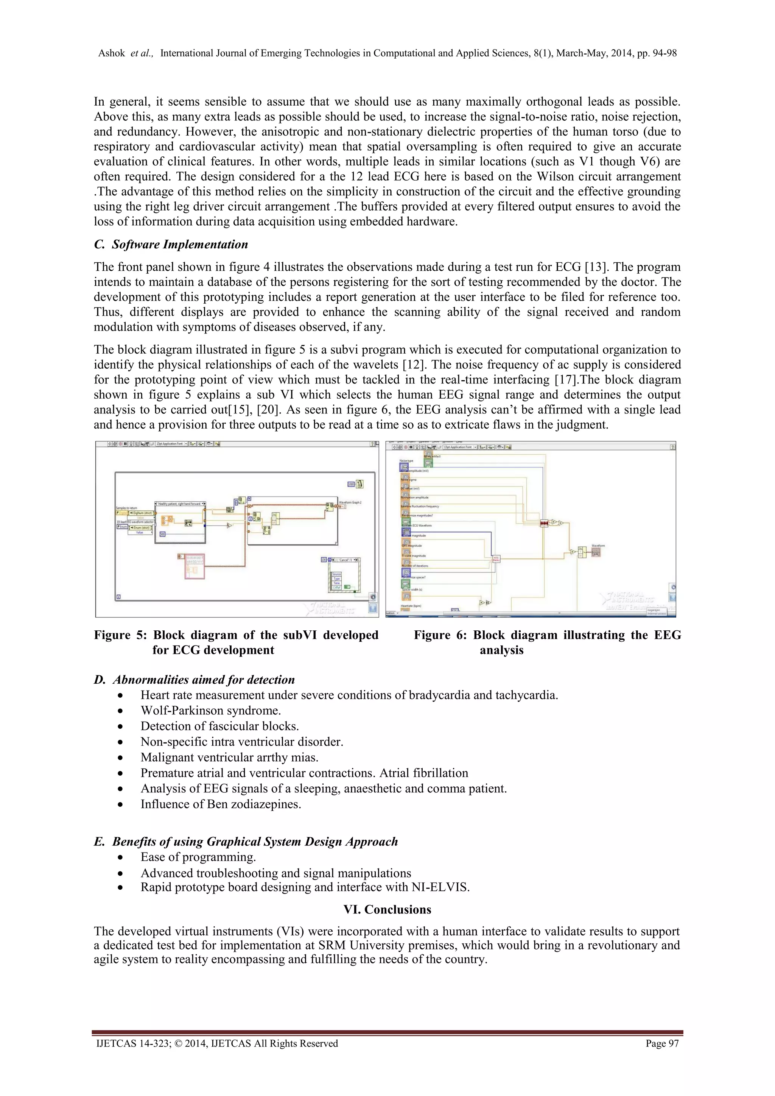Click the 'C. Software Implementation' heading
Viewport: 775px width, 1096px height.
(x=171, y=245)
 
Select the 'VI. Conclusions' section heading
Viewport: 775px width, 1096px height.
(x=387, y=909)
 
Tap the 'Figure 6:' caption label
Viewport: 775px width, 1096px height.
(x=439, y=635)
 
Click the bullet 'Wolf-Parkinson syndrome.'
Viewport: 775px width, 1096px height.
(x=210, y=710)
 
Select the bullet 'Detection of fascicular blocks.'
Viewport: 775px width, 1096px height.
(x=219, y=726)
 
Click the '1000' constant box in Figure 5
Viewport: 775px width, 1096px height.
(x=351, y=484)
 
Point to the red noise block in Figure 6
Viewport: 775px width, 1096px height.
(x=543, y=523)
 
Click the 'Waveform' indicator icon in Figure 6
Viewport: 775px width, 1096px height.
(x=596, y=552)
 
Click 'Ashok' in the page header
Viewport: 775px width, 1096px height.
(x=111, y=53)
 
